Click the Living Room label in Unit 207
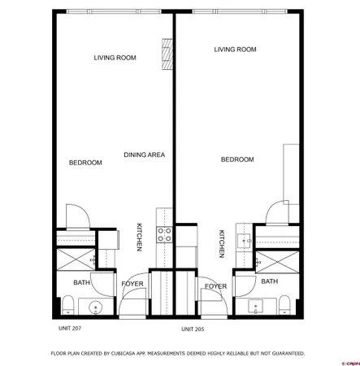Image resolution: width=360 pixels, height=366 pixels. [x=115, y=58]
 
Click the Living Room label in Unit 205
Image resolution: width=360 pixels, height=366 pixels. [x=235, y=50]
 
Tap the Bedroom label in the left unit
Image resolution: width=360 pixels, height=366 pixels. [x=85, y=163]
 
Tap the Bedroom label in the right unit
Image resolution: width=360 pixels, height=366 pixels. [x=237, y=159]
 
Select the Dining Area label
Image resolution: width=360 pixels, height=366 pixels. [x=145, y=155]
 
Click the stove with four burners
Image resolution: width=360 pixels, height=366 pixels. [x=164, y=234]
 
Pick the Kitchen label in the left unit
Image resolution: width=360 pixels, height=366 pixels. [x=140, y=237]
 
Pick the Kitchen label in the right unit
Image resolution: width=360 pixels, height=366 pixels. [x=221, y=243]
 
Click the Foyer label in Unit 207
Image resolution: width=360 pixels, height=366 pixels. [x=132, y=283]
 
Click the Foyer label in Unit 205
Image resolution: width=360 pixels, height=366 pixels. [x=215, y=286]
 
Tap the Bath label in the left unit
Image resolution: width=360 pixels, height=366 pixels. [x=81, y=282]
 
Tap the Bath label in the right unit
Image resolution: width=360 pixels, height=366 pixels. [x=269, y=281]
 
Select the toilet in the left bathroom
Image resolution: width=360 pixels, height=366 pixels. [x=68, y=306]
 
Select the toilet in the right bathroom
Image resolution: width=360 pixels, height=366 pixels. [x=284, y=306]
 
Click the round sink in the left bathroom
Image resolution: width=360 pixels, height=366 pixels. [x=96, y=307]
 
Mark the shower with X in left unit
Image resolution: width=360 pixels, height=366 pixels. [x=75, y=260]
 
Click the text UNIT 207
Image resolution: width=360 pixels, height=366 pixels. [x=70, y=328]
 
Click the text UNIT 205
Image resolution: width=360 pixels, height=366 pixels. [x=193, y=329]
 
